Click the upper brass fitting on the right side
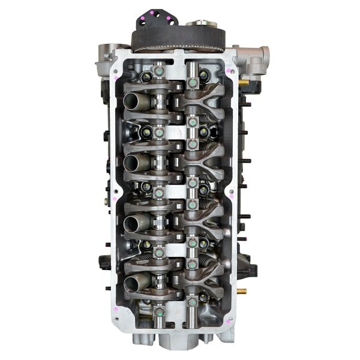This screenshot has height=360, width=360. [x=244, y=80]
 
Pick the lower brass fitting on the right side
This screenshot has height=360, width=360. [x=242, y=290]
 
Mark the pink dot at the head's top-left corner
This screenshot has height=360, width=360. [x=114, y=77]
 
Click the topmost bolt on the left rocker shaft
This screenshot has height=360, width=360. [x=158, y=71]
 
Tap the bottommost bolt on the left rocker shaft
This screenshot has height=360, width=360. [x=158, y=312]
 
